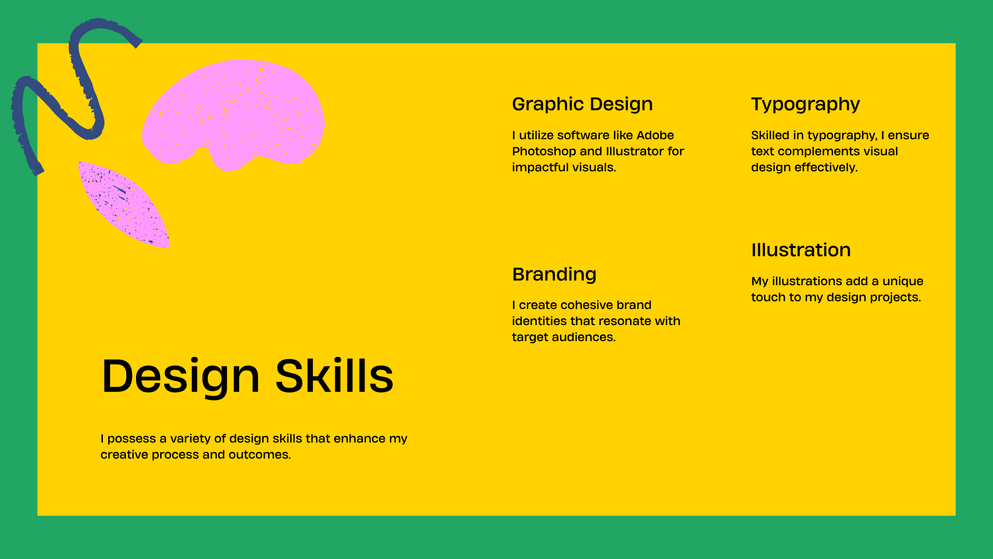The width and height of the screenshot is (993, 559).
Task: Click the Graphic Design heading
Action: (x=582, y=104)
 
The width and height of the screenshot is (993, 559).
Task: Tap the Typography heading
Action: (x=805, y=104)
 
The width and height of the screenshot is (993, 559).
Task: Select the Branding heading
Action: (x=554, y=274)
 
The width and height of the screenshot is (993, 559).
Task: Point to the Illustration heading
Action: (x=801, y=250)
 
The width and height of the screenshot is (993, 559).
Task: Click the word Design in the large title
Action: (x=180, y=376)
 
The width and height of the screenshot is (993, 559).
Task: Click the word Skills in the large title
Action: (x=334, y=376)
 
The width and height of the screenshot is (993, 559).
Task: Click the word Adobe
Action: (x=655, y=135)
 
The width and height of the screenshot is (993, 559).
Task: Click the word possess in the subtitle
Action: (x=131, y=439)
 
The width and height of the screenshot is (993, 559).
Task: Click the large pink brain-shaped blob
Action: (x=235, y=114)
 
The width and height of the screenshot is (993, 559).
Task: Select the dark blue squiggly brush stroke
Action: (x=86, y=88)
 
